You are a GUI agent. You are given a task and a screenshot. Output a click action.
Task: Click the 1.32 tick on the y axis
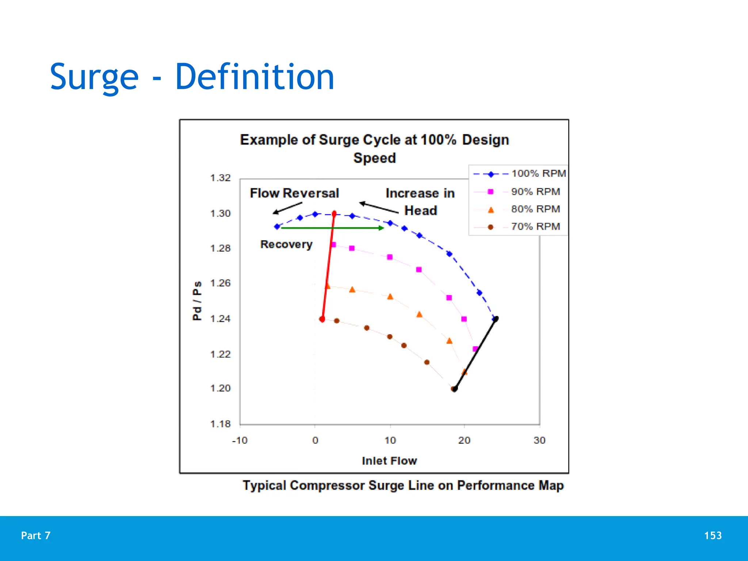pos(220,178)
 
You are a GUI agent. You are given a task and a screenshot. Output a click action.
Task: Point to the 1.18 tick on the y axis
pos(220,424)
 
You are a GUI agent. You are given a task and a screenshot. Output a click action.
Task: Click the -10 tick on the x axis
pos(240,440)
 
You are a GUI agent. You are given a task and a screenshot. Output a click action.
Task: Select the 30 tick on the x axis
pos(539,440)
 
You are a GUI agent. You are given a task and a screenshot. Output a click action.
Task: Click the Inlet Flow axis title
pos(389,461)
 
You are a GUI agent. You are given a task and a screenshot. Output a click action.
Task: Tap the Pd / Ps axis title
pos(197,301)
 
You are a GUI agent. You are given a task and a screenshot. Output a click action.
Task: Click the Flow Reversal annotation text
pos(294,193)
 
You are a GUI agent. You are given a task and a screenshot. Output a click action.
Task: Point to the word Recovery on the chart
pos(286,244)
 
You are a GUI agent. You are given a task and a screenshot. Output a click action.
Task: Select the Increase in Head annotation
pos(420,202)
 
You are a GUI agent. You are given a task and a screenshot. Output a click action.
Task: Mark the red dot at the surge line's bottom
pos(322,319)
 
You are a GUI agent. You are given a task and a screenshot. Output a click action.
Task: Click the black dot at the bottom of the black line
pos(454,389)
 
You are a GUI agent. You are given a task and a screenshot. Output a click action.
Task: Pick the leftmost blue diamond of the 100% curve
pos(277,227)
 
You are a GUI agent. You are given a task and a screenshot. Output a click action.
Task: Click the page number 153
pos(713,535)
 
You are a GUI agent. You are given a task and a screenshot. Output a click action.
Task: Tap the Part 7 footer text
pos(36,535)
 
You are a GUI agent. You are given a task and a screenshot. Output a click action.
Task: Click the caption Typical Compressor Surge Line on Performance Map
pos(403,485)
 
